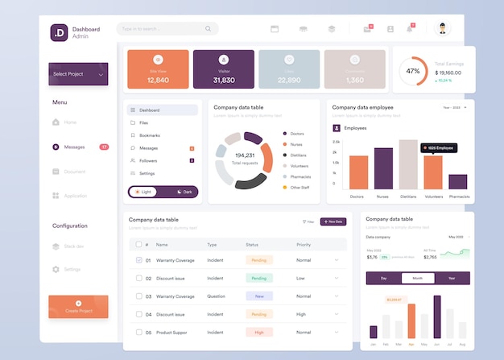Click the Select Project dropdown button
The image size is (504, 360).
78,74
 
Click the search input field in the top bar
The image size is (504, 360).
167,29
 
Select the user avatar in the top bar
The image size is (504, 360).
443,29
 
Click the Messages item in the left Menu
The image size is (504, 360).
74,147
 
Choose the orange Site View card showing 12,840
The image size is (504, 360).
158,69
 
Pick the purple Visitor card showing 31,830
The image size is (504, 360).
224,69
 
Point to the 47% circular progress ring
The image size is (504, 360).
413,71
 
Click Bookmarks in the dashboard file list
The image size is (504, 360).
149,135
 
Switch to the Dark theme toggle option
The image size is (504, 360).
183,192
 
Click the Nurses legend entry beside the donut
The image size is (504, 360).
297,143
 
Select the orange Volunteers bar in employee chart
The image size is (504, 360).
433,172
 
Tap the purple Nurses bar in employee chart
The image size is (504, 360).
383,168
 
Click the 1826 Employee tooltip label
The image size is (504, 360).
439,148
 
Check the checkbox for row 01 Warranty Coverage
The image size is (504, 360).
138,260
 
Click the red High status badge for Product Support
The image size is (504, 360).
259,332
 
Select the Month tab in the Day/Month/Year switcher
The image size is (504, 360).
417,278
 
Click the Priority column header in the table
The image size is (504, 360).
304,244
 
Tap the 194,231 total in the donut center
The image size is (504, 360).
245,155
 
